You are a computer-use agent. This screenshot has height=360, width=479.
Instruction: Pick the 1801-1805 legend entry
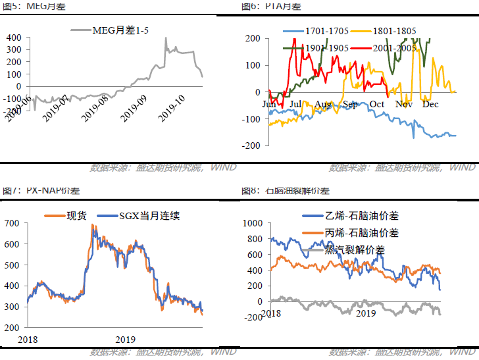(x=393, y=31)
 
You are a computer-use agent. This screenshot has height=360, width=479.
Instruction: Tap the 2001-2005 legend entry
(x=393, y=47)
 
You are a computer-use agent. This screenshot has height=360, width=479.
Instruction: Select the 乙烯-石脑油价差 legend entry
(x=362, y=216)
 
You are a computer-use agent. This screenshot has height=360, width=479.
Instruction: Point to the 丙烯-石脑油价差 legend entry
(x=362, y=232)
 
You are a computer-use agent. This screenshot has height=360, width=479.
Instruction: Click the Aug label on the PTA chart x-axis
(x=322, y=104)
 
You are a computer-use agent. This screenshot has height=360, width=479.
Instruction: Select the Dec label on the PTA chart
(x=430, y=104)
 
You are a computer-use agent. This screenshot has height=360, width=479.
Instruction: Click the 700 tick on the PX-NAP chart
(x=13, y=224)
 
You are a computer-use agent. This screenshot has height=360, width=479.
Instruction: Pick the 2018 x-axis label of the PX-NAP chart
(x=28, y=339)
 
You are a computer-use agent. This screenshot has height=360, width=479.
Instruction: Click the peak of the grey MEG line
(x=165, y=38)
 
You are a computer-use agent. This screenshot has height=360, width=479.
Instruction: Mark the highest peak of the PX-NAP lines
(x=92, y=225)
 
